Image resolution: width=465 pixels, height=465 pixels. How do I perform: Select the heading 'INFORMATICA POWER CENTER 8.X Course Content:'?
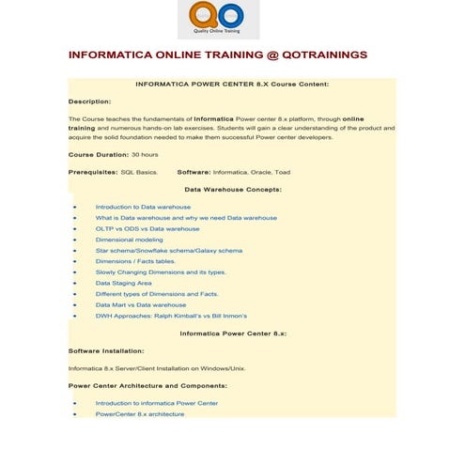232,84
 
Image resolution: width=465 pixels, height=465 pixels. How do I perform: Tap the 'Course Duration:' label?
98,154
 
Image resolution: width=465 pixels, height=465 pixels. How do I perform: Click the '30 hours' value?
145,154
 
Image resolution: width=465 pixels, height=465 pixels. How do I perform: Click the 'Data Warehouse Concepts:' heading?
232,190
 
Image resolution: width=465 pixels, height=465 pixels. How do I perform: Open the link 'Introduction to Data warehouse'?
143,207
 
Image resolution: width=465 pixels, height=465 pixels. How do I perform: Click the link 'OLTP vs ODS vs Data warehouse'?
147,228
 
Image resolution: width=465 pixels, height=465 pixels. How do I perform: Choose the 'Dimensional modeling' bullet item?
129,240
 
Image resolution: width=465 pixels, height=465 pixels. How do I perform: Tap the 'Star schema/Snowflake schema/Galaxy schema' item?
168,251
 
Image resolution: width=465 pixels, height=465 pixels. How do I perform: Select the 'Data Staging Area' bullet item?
123,283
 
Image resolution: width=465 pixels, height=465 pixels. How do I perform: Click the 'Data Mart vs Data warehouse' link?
141,305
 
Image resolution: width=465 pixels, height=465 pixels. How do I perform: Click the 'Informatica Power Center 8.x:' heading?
232,333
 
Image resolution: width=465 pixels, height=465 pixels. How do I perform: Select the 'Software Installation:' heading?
106,350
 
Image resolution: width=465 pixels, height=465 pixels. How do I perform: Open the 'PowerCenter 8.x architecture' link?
140,413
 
